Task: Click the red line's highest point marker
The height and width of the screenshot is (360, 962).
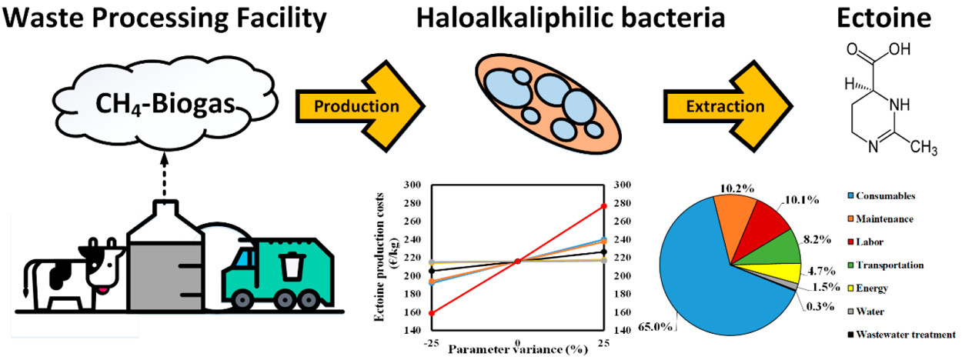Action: pyautogui.click(x=603, y=206)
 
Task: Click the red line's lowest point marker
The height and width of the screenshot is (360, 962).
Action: pyautogui.click(x=431, y=313)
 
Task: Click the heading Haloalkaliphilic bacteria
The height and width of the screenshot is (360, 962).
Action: pyautogui.click(x=571, y=18)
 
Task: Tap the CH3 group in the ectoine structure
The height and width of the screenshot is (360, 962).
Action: pyautogui.click(x=920, y=147)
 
